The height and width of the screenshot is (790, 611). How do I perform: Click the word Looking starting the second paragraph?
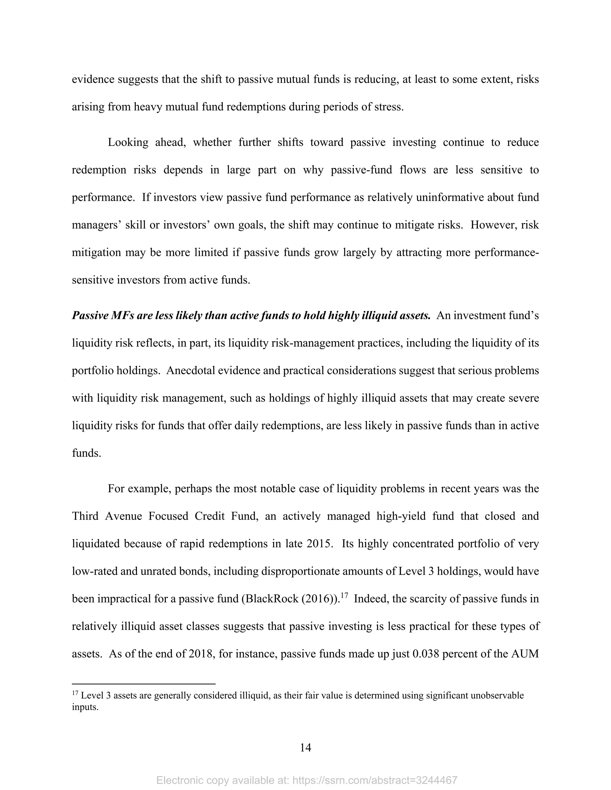(128, 142)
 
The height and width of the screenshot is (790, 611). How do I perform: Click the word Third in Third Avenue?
(85, 516)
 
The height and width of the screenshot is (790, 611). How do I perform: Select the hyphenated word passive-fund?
(362, 170)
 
